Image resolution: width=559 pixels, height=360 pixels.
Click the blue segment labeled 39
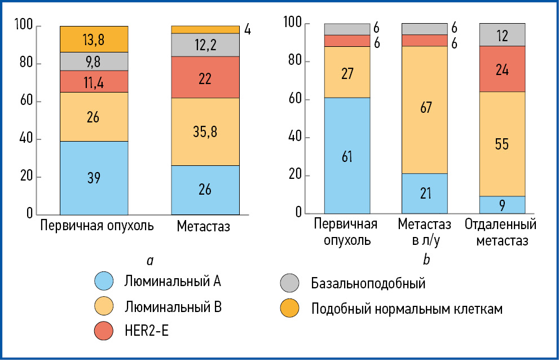[94, 178]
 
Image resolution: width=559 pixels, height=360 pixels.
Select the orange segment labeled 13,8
[94, 39]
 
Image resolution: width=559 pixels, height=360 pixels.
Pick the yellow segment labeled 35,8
[205, 131]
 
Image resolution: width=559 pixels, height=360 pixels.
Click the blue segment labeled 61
[347, 156]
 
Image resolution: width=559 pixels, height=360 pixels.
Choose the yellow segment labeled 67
[425, 109]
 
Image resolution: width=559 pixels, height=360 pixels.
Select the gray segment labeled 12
[502, 35]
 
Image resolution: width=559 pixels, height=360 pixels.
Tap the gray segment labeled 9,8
[94, 62]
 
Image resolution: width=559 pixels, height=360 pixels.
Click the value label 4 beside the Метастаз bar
[247, 29]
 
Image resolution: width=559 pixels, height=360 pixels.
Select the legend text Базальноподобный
[368, 283]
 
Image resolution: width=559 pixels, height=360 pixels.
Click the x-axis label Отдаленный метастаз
[501, 233]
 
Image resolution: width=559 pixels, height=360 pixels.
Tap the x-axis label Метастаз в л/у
[425, 233]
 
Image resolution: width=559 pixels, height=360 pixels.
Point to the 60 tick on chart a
[27, 102]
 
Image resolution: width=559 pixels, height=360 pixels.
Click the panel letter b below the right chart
[426, 260]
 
